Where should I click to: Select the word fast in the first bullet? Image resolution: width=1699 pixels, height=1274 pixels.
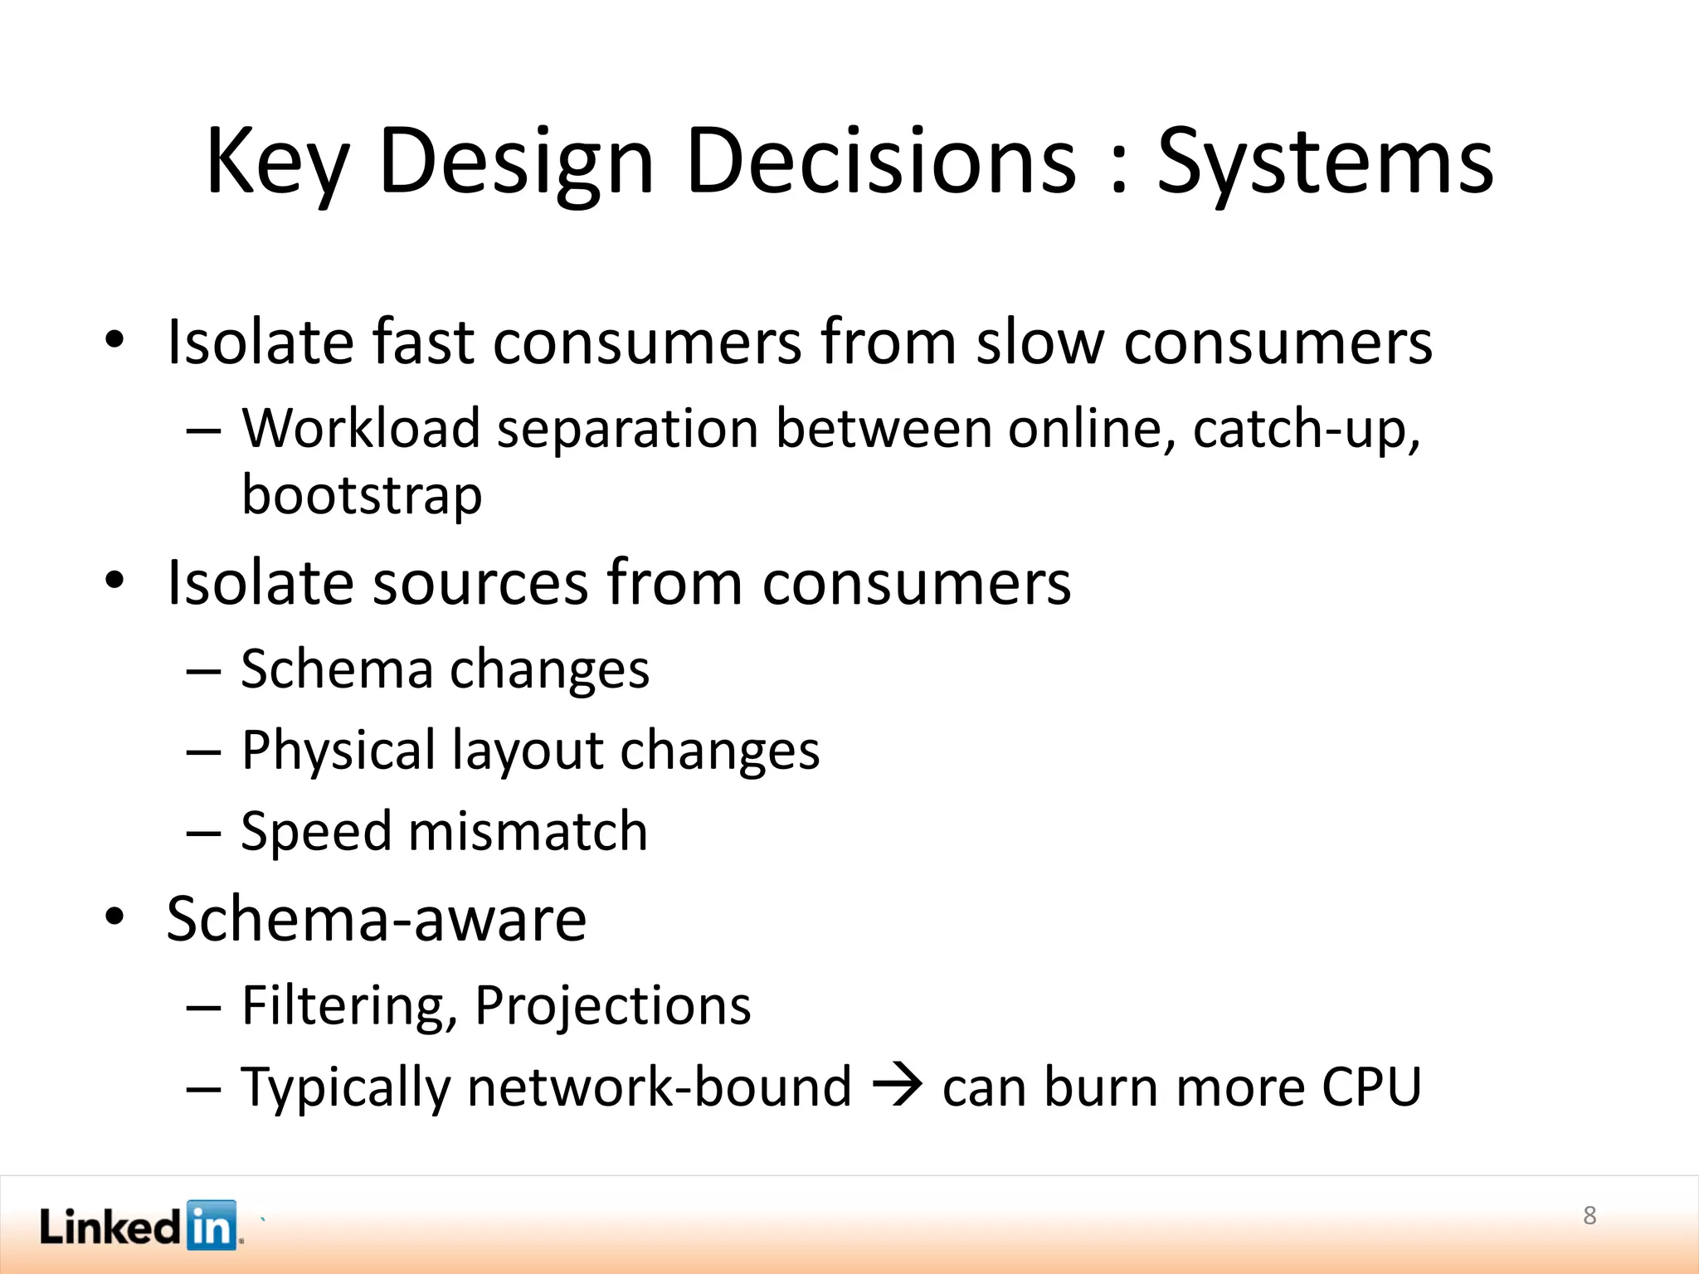point(423,342)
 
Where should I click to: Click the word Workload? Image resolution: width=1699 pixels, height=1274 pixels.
point(361,429)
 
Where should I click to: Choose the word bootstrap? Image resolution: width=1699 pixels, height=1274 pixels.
point(362,495)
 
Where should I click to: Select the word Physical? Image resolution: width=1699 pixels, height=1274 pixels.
point(338,751)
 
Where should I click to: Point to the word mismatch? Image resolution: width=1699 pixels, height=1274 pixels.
point(528,831)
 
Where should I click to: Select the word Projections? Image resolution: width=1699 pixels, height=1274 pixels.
point(612,1006)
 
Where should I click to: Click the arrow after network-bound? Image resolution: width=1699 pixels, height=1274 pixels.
point(898,1085)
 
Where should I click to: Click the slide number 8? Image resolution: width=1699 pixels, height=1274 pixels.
point(1589,1215)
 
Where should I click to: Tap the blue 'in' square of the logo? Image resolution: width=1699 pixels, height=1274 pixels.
point(212,1225)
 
